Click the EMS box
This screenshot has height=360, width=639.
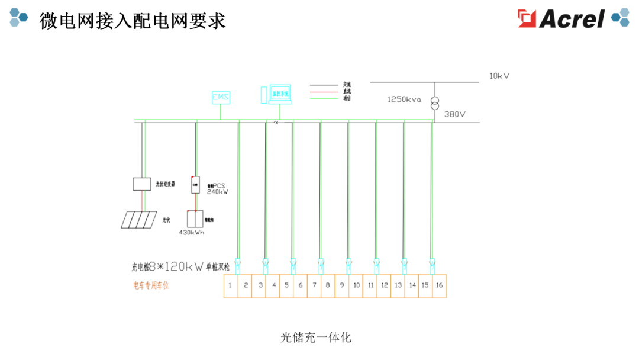[x=221, y=97]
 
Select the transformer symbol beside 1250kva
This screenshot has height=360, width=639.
[x=434, y=102]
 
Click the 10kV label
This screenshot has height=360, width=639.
[x=499, y=76]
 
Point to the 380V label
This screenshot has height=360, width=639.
[x=454, y=114]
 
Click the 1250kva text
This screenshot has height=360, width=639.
[x=404, y=99]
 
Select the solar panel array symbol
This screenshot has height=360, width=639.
[x=139, y=220]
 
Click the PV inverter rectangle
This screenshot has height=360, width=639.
[x=141, y=184]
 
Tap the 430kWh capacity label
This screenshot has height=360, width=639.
[x=191, y=233]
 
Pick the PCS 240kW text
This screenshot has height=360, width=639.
[x=217, y=189]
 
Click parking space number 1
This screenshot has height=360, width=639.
[x=231, y=285]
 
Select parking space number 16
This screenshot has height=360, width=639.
[x=439, y=285]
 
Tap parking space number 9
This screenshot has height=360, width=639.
[x=342, y=285]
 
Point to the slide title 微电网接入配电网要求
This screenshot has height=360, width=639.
[x=133, y=20]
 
